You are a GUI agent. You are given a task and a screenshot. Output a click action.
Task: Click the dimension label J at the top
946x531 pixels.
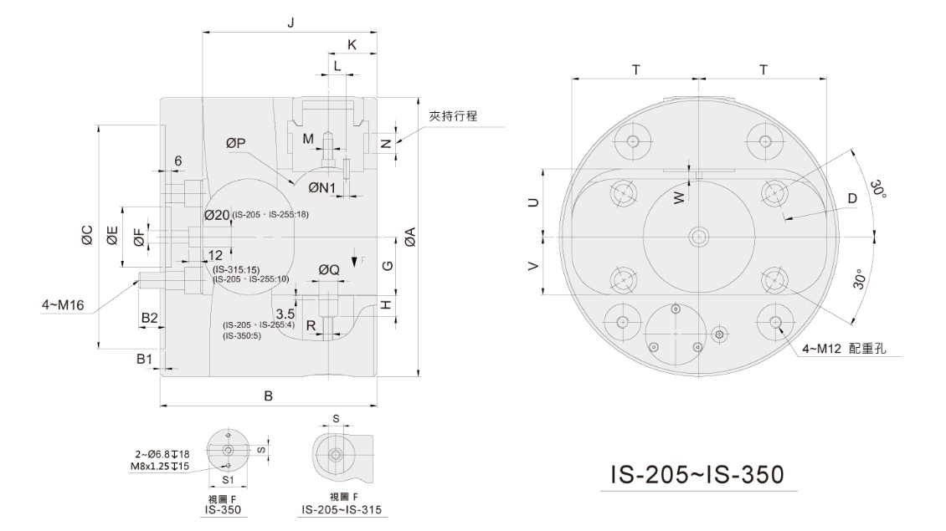(x=290, y=23)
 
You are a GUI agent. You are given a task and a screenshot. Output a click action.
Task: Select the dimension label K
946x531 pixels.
(x=352, y=44)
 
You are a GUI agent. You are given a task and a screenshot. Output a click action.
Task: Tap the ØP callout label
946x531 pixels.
(x=236, y=143)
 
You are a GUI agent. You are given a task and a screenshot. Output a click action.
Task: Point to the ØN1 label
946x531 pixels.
(x=322, y=187)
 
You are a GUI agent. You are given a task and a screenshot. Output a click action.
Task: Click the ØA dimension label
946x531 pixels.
(x=410, y=237)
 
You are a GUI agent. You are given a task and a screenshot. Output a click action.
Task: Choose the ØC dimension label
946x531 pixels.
(x=87, y=235)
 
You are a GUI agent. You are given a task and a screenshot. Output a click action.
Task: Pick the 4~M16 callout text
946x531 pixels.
(x=63, y=305)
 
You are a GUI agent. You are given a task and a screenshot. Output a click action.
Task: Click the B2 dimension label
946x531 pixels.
(x=149, y=318)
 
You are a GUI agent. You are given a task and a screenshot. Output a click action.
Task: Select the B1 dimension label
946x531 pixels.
(x=144, y=359)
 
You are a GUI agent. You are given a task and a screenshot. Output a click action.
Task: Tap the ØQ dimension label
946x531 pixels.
(x=329, y=269)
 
